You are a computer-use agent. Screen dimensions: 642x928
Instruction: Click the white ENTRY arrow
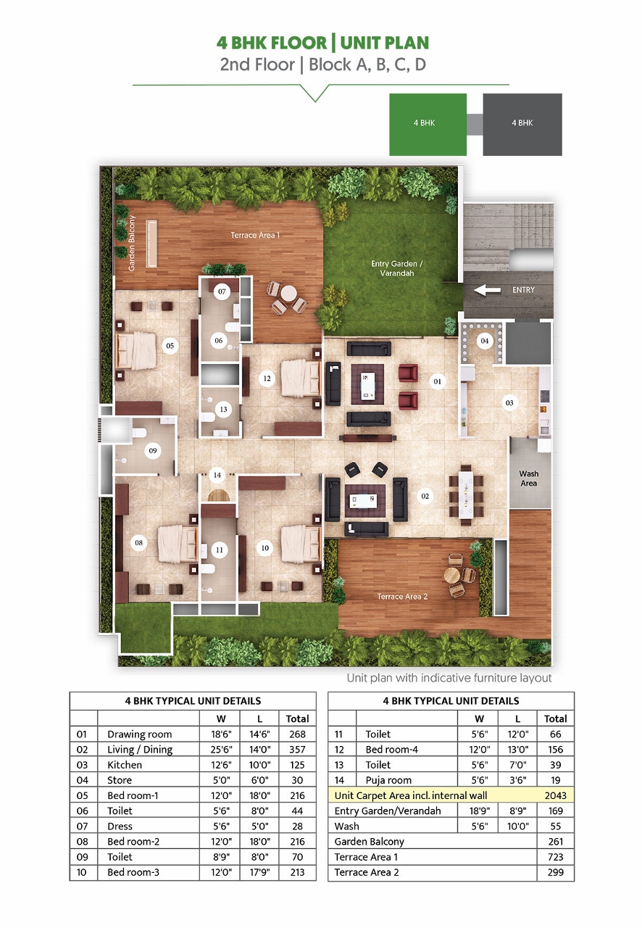point(487,290)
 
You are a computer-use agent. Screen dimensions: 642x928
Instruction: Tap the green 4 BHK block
point(428,124)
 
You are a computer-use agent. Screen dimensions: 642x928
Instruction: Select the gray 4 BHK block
point(522,124)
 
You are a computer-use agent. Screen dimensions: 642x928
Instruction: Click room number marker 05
point(170,346)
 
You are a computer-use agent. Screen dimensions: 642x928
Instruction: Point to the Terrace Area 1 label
point(255,235)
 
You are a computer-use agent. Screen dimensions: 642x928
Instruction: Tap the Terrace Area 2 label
point(402,597)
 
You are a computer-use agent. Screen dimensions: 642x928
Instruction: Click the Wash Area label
point(529,478)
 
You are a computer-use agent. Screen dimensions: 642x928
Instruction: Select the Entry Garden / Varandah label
point(397,268)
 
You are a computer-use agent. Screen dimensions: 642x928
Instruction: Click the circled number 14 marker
point(217,475)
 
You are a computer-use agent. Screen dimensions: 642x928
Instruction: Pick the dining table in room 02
point(466,495)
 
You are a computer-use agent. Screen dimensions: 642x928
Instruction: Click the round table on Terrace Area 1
point(288,294)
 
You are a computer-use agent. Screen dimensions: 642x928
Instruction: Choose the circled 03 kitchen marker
point(509,402)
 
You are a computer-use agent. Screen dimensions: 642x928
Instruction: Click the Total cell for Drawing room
point(297,734)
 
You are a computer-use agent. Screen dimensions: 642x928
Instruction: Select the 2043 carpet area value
point(556,795)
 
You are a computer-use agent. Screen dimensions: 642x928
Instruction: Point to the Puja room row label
point(388,780)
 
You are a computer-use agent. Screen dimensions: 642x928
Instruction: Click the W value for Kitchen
point(221,765)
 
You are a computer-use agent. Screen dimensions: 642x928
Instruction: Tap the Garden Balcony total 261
point(556,842)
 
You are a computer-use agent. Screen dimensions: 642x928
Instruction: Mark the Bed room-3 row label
point(133,872)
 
